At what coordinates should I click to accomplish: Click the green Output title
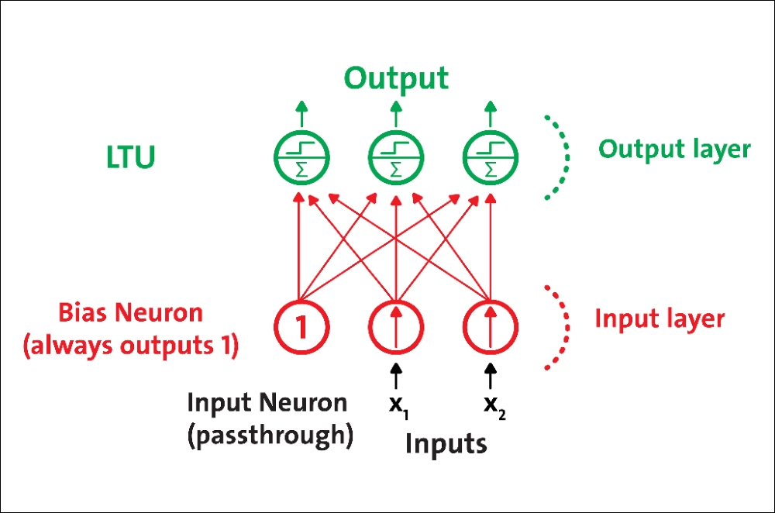point(396,79)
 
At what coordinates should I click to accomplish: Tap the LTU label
point(131,157)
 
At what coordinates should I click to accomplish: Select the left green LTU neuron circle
point(274,157)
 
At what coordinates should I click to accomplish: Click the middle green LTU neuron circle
point(368,157)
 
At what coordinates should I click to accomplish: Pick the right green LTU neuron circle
point(463,157)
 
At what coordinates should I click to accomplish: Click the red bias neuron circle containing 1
point(275,327)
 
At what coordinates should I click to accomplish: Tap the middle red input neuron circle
point(369,327)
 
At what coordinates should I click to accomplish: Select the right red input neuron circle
point(463,327)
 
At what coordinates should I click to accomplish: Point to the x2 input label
point(494,408)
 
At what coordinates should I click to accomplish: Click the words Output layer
point(674,150)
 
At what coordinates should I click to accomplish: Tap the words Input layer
point(660,318)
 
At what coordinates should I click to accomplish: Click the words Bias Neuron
point(131,313)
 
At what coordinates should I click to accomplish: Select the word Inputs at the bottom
point(446,443)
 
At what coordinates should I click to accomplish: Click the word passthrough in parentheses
point(270,436)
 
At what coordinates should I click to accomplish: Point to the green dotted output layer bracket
point(567,157)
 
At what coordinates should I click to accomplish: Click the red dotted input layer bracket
point(567,327)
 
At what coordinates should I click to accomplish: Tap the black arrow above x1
point(395,376)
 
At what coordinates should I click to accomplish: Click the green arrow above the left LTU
point(301,114)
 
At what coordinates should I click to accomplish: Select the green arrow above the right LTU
point(491,114)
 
